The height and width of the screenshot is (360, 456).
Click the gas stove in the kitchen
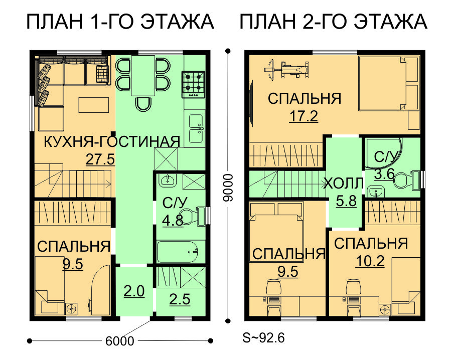(x=194, y=85)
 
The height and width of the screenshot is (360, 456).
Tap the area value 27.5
(x=100, y=159)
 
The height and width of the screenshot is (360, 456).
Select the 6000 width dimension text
(x=120, y=341)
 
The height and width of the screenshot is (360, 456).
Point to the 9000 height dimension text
(x=227, y=188)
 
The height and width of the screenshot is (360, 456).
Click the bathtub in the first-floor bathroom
(x=178, y=252)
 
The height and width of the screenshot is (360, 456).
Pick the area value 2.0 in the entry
(x=134, y=291)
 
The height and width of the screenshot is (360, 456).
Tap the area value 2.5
(x=180, y=299)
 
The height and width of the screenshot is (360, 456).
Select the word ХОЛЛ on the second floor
(x=344, y=184)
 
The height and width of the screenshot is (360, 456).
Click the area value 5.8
(x=346, y=201)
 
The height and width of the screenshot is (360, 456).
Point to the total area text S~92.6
(x=263, y=338)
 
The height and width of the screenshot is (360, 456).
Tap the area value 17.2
(x=303, y=116)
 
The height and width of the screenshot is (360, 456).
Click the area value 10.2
(x=370, y=261)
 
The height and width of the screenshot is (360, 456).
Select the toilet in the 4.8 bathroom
(x=192, y=217)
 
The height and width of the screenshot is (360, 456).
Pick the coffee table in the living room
(x=94, y=105)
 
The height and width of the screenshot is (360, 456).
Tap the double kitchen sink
(x=196, y=128)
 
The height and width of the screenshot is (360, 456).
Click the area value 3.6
(x=384, y=174)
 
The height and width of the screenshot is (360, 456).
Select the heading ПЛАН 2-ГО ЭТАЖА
(x=334, y=22)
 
